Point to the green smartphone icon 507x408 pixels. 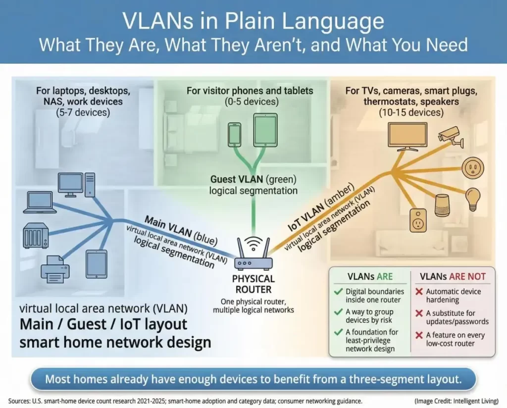click(234, 134)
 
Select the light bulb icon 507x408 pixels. click(472, 199)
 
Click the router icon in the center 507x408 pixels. click(253, 253)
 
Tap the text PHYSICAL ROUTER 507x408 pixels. click(253, 284)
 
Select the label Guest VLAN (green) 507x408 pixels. click(253, 180)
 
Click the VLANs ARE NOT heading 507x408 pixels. click(453, 276)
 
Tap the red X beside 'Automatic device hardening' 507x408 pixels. click(419, 292)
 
